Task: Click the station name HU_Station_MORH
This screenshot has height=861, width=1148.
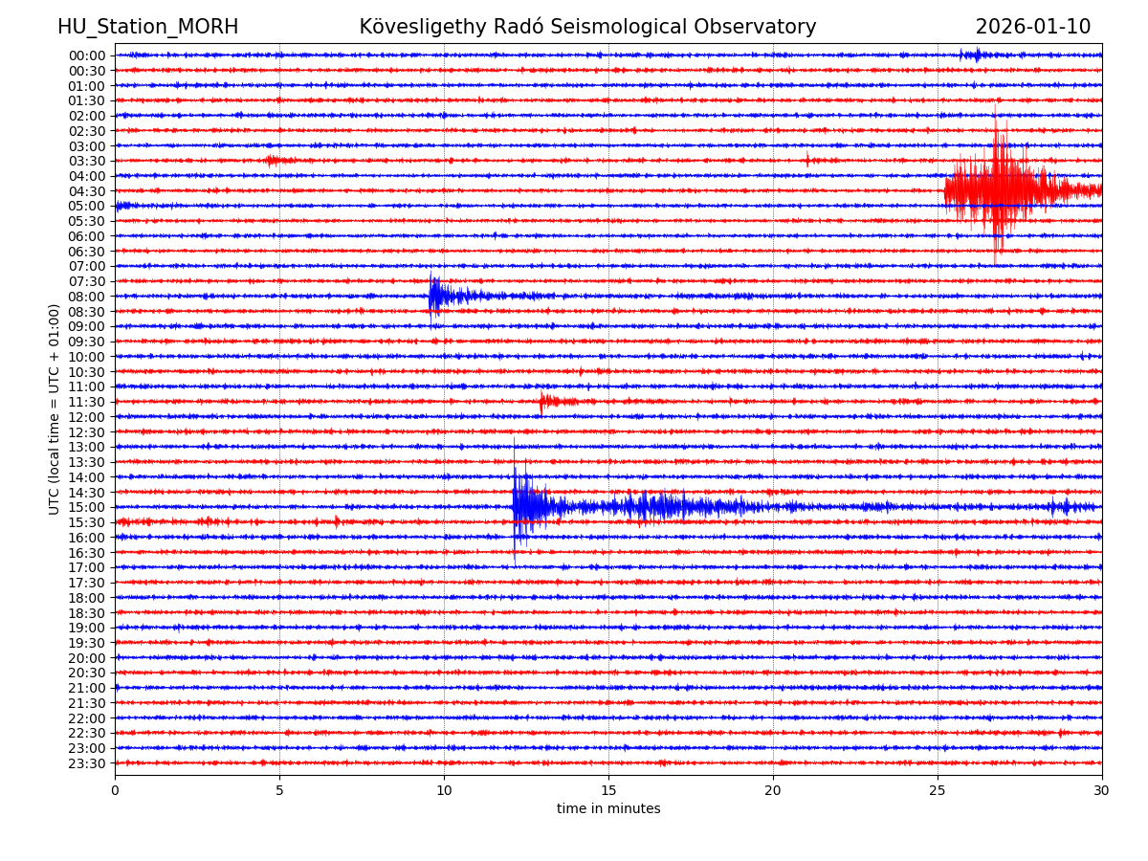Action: click(x=147, y=27)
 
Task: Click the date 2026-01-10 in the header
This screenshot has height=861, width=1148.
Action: click(x=1032, y=27)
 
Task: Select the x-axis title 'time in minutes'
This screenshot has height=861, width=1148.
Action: click(x=608, y=808)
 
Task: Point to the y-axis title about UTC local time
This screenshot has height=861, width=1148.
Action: click(x=55, y=408)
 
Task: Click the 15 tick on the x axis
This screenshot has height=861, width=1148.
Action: click(x=608, y=790)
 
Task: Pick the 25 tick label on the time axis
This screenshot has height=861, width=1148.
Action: click(x=938, y=790)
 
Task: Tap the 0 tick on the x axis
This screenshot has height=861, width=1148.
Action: click(x=115, y=790)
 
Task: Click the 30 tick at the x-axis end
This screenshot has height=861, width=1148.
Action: click(x=1102, y=790)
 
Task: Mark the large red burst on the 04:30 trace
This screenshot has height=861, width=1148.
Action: click(x=1000, y=189)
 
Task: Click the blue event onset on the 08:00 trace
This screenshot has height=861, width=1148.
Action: click(x=432, y=296)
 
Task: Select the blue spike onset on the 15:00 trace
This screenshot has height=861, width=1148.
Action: click(x=516, y=506)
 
